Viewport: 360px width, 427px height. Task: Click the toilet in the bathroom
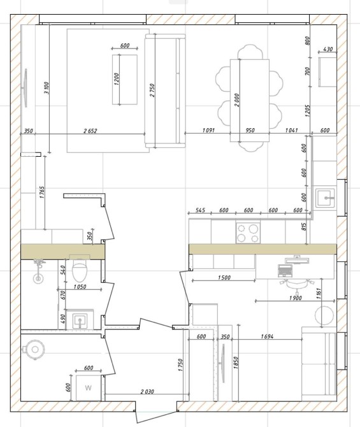80,270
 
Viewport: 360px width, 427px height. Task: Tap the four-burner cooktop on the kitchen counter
248,233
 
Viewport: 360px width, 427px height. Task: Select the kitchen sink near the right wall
325,198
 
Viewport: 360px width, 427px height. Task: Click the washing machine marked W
88,387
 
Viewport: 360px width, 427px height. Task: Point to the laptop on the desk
285,270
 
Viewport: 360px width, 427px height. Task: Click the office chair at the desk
296,284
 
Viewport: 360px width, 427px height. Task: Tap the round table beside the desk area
324,315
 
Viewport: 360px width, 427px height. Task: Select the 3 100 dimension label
47,88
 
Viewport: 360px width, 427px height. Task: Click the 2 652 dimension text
90,131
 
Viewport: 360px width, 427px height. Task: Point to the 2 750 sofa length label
152,90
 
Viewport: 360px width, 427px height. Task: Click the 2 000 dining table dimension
236,100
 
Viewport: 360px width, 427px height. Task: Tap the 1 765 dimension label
42,192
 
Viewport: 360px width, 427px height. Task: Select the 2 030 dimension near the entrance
147,391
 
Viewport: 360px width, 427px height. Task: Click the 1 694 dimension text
267,337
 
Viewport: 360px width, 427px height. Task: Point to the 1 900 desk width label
296,298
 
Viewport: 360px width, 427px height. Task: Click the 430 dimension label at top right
328,49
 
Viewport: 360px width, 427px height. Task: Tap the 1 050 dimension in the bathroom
80,287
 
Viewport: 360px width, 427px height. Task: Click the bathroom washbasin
80,321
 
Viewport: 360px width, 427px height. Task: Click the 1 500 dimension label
224,277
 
